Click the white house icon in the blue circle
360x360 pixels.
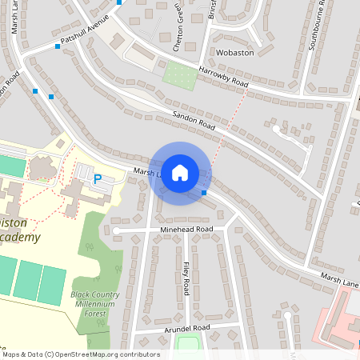pyautogui.click(x=180, y=173)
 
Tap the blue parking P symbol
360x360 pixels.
pyautogui.click(x=98, y=180)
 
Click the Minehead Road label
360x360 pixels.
pyautogui.click(x=186, y=230)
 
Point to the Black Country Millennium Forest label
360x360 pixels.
pyautogui.click(x=94, y=303)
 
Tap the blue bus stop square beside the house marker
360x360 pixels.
pyautogui.click(x=204, y=193)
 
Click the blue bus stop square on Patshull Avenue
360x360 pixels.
pyautogui.click(x=58, y=46)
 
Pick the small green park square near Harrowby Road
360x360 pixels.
pyautogui.click(x=180, y=75)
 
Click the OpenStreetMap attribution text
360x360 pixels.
pyautogui.click(x=80, y=354)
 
